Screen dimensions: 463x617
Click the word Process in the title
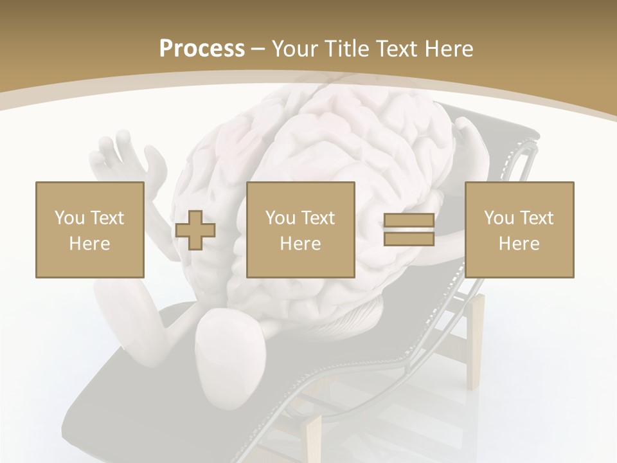point(202,49)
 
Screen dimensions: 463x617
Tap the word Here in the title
point(447,49)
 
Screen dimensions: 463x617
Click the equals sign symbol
point(409,230)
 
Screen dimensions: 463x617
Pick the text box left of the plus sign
point(89,230)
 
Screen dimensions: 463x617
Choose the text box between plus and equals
point(300,230)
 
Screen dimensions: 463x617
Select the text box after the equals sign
point(519,230)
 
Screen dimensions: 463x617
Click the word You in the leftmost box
point(69,218)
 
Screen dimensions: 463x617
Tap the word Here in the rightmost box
point(519,244)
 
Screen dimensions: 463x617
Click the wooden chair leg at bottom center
point(314,437)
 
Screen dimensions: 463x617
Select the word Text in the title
point(396,49)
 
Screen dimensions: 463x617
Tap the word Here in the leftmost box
point(89,244)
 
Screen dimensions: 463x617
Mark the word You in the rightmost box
point(499,218)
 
